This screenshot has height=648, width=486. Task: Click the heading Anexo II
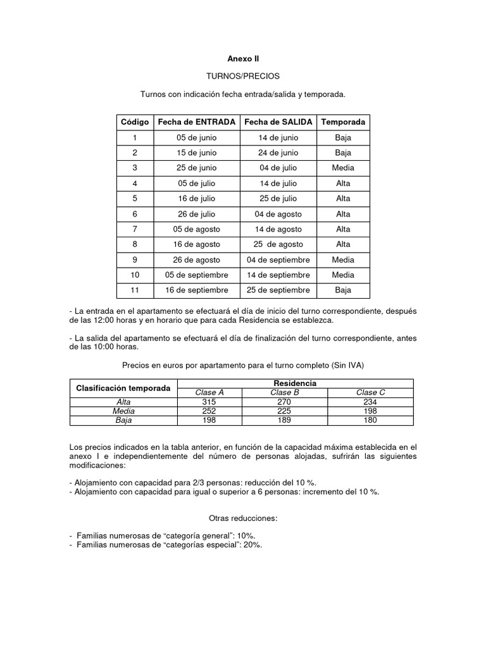(x=243, y=58)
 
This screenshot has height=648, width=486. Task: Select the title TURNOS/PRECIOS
(x=243, y=76)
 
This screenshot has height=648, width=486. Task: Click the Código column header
(x=134, y=121)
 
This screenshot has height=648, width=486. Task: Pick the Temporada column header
(x=343, y=121)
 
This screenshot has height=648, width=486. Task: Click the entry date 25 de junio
(x=196, y=168)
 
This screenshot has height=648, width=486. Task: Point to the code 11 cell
(x=134, y=290)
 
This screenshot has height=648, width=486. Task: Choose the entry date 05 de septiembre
(x=196, y=275)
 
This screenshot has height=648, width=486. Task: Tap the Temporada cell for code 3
(x=343, y=168)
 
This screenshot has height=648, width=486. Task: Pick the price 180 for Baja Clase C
(x=371, y=420)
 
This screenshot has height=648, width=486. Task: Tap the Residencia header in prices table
(x=294, y=383)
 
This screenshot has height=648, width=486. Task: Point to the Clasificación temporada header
(x=123, y=388)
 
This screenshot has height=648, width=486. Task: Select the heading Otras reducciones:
(x=243, y=518)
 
